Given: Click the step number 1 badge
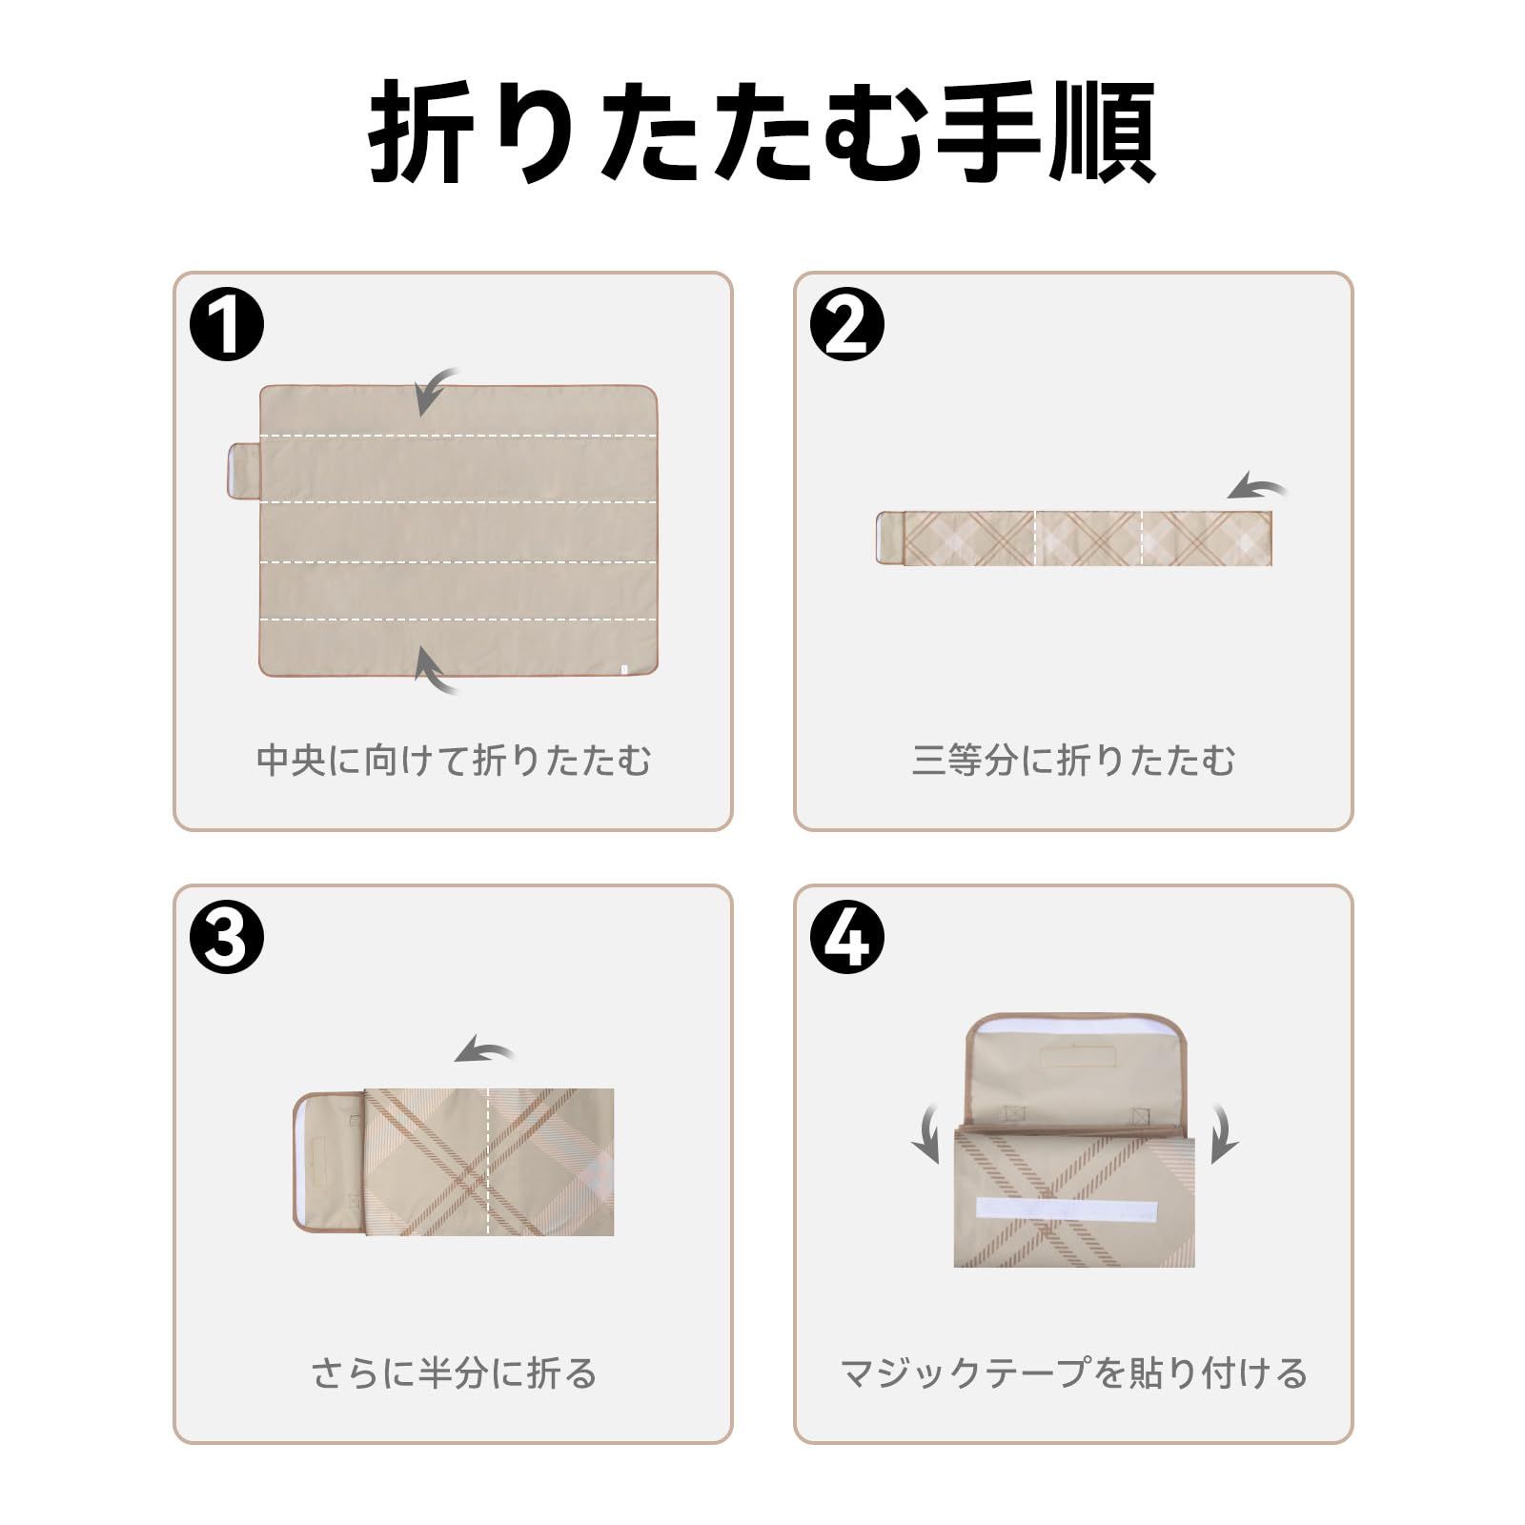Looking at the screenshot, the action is click(227, 325).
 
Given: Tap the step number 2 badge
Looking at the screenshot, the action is click(847, 325).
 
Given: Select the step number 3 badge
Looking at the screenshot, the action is click(227, 938).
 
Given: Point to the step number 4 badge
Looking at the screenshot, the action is click(847, 938).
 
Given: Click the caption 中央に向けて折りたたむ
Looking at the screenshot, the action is click(454, 761).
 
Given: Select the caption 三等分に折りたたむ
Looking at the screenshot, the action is click(1073, 761).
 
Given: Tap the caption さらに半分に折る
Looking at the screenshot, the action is click(454, 1373).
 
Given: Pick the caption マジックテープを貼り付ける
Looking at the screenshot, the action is click(1073, 1373).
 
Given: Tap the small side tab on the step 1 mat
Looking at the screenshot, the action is click(243, 470).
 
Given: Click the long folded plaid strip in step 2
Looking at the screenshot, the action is click(1073, 539).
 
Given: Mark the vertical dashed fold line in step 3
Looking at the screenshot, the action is click(488, 1162).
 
